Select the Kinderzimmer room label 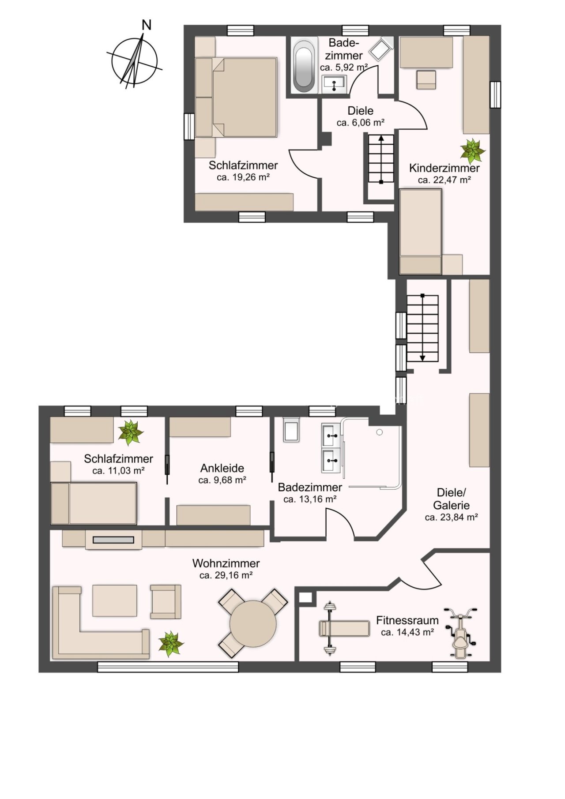click(444, 168)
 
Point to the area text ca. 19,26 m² click(243, 177)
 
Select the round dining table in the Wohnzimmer click(253, 624)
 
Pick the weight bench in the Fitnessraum click(344, 628)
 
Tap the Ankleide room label click(222, 468)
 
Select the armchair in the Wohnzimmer click(166, 601)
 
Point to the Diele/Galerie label click(451, 499)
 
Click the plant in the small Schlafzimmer click(131, 432)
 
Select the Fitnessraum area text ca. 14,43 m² click(407, 632)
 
